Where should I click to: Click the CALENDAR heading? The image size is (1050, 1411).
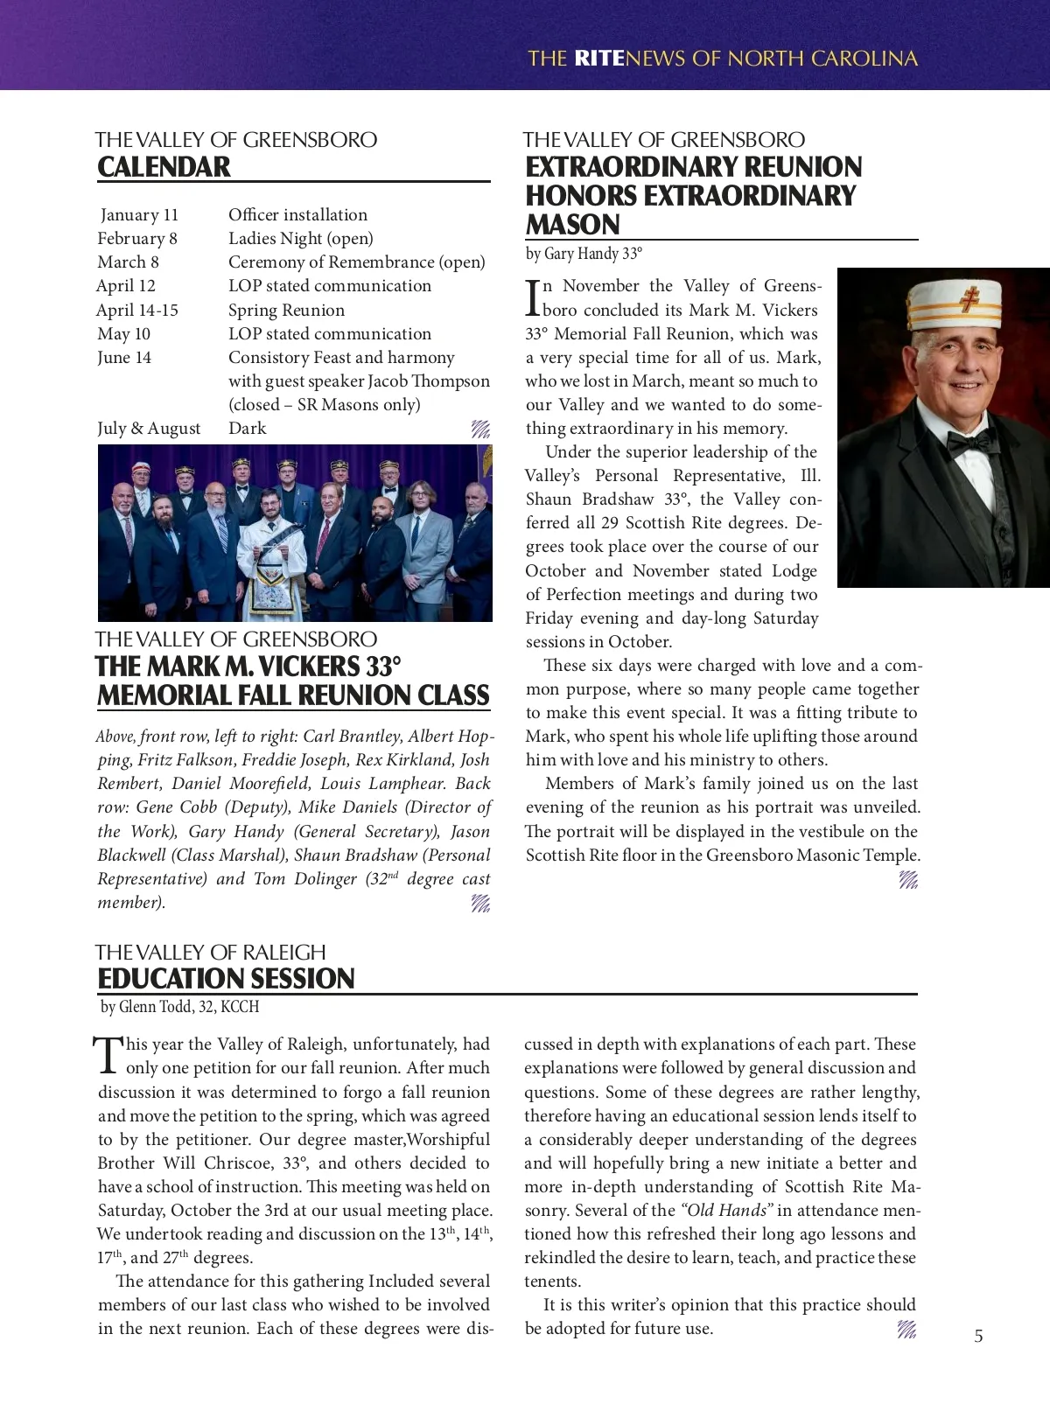(164, 166)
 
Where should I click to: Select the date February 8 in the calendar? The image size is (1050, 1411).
(137, 238)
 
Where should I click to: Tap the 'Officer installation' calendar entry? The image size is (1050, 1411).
(297, 214)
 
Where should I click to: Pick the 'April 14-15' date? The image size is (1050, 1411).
(137, 310)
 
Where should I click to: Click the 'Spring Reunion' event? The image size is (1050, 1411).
(286, 310)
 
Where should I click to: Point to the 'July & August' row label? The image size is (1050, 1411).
(149, 428)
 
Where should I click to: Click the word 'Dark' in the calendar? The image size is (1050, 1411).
(248, 428)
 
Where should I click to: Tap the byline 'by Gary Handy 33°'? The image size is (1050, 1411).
(584, 254)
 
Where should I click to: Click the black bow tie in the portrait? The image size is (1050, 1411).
(972, 440)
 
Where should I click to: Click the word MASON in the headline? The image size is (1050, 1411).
(572, 224)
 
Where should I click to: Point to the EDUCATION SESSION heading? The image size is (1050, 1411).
(226, 978)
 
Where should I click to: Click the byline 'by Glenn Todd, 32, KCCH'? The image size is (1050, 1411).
(180, 1007)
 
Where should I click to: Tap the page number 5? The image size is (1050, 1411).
(978, 1336)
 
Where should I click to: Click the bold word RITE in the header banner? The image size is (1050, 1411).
(599, 59)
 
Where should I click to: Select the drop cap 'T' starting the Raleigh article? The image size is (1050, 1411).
(107, 1055)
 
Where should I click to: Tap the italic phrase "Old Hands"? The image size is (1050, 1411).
(727, 1210)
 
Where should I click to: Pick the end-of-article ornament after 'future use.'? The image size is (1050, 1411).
(907, 1330)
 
